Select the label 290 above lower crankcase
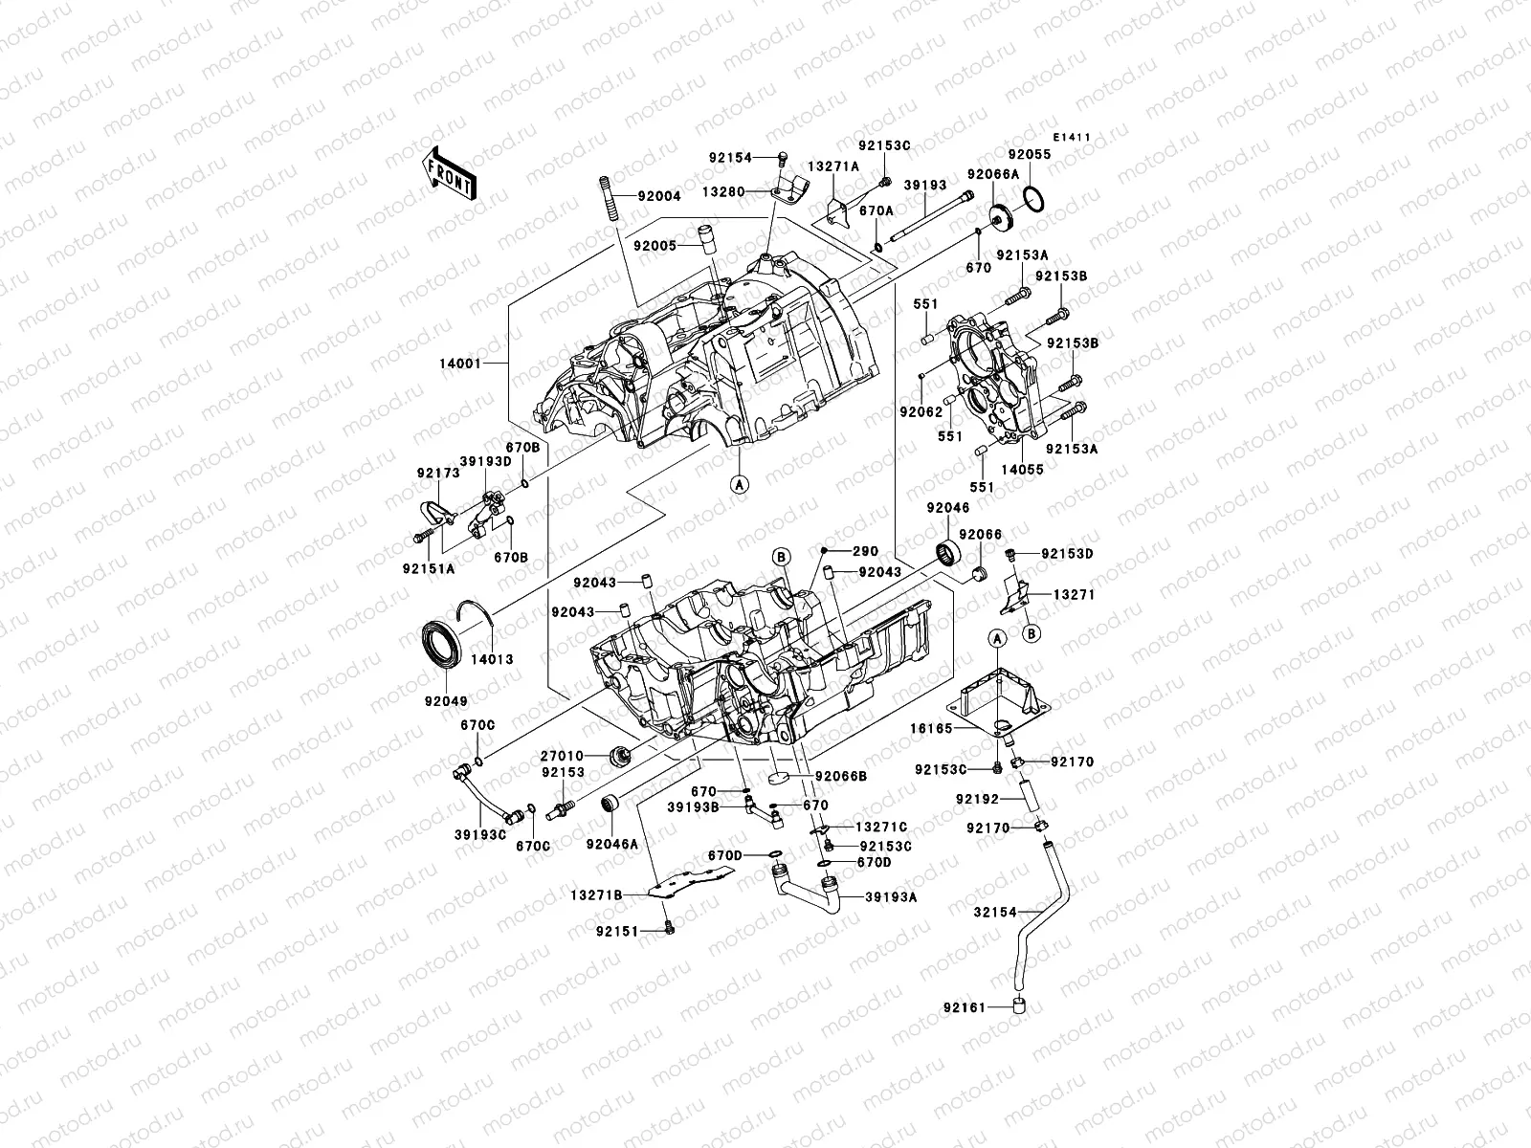pos(865,552)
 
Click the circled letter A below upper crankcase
pos(739,483)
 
